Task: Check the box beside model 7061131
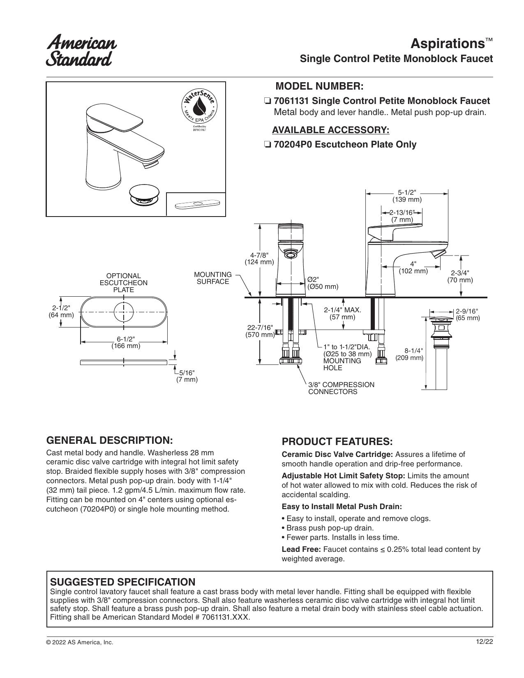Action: tap(268, 101)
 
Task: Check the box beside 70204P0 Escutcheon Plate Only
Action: tap(268, 145)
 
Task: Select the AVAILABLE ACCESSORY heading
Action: tap(331, 130)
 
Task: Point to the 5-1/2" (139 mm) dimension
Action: tap(407, 196)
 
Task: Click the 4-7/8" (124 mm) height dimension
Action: tap(259, 258)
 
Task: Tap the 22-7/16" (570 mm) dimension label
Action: tap(260, 331)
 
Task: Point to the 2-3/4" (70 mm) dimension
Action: tap(460, 277)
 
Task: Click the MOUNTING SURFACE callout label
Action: tap(213, 278)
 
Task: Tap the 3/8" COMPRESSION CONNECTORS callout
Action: tap(341, 388)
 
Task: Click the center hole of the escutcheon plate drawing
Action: tap(124, 312)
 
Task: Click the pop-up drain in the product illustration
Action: tap(144, 196)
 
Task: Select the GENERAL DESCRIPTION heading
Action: tap(109, 440)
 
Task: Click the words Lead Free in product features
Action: tap(301, 558)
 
